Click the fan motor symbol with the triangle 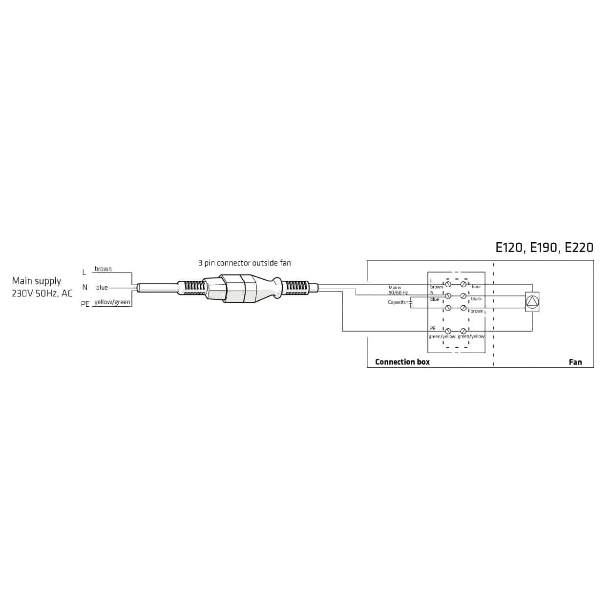click(x=532, y=302)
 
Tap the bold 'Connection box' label click(x=402, y=362)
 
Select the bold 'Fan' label click(x=575, y=362)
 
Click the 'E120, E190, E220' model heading click(x=544, y=248)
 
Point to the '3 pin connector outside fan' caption click(x=244, y=263)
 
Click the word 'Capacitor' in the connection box click(x=398, y=302)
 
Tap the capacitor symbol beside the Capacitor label click(x=410, y=302)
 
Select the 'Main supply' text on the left click(x=37, y=281)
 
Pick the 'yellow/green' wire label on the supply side click(x=112, y=302)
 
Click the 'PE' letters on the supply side click(x=85, y=304)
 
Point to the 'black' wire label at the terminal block click(x=476, y=299)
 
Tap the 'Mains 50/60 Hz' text click(x=397, y=290)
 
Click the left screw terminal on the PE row click(x=448, y=331)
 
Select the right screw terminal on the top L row click(x=463, y=284)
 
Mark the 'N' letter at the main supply click(x=84, y=288)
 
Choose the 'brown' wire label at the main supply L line click(x=103, y=269)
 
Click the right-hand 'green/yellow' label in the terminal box click(x=471, y=337)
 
